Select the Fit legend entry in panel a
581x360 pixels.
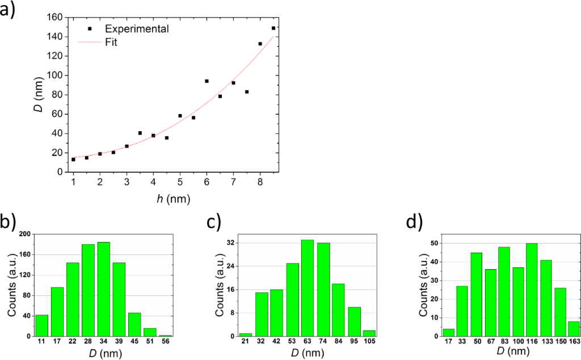111,42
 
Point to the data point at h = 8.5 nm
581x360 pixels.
273,28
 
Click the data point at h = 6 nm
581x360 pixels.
207,81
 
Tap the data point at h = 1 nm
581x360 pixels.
73,160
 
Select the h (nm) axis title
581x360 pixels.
173,199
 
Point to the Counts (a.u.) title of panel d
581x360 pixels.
423,284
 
